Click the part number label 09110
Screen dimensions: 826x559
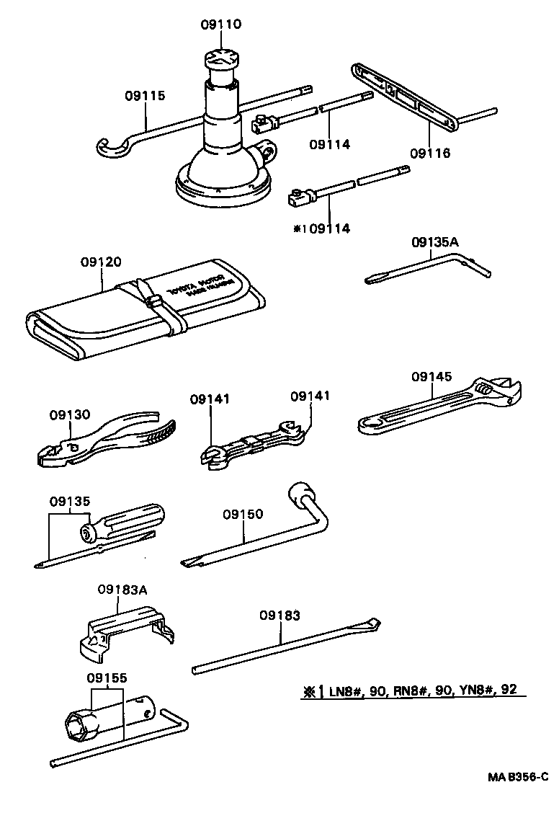pyautogui.click(x=220, y=25)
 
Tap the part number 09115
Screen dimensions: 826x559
pyautogui.click(x=145, y=94)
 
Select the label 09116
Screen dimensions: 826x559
pyautogui.click(x=429, y=153)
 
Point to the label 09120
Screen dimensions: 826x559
pyautogui.click(x=102, y=262)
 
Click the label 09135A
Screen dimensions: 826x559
pyautogui.click(x=434, y=242)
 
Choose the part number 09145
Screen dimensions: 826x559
pyautogui.click(x=431, y=376)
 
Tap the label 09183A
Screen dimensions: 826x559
pyautogui.click(x=122, y=589)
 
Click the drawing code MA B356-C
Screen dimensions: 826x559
pyautogui.click(x=516, y=777)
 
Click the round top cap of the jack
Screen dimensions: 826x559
pyautogui.click(x=220, y=58)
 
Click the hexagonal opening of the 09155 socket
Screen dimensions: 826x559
pyautogui.click(x=78, y=722)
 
